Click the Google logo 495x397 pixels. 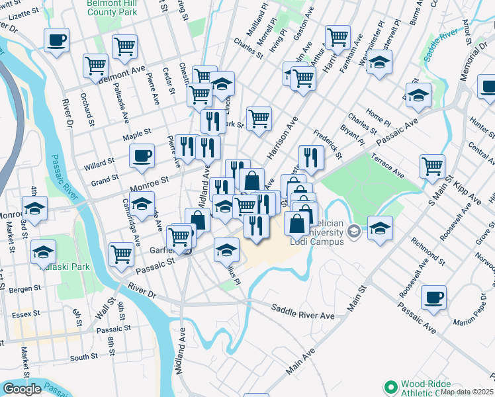click(21, 389)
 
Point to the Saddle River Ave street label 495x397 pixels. click(304, 312)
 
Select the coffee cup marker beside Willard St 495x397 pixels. click(142, 157)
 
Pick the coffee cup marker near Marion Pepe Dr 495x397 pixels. click(433, 297)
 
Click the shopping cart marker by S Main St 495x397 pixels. click(432, 167)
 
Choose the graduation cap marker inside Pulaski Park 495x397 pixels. click(44, 252)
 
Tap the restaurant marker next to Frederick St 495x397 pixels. click(311, 157)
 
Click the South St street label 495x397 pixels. click(84, 357)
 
